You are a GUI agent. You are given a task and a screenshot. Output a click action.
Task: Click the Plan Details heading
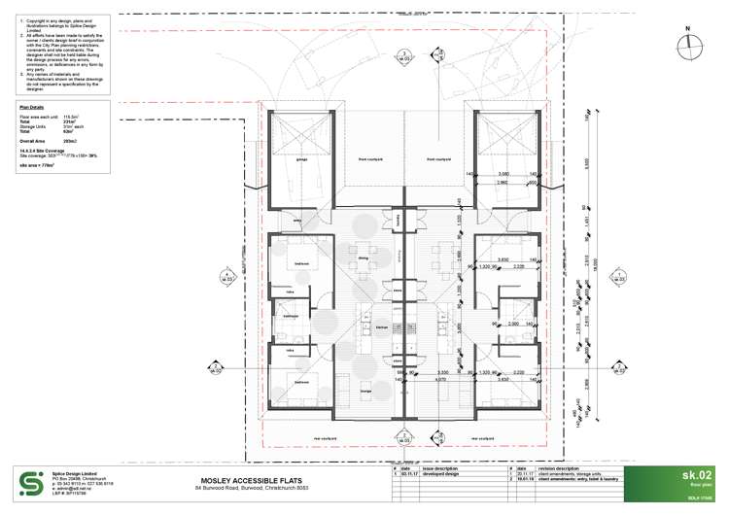click(x=32, y=107)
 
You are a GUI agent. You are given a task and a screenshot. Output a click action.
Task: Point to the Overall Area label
click(x=35, y=141)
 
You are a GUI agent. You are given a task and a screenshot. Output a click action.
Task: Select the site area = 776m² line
click(x=38, y=165)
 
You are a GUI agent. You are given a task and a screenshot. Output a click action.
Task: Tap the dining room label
click(x=364, y=258)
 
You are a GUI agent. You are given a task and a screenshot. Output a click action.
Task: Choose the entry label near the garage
click(x=295, y=222)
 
